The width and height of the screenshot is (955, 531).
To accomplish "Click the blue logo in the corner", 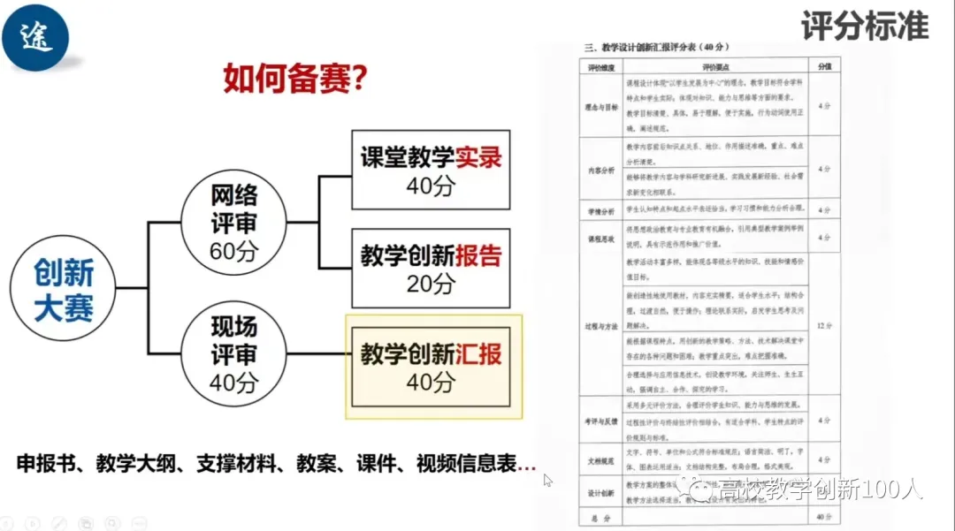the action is tap(35, 36).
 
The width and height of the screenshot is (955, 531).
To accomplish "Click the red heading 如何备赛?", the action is tap(294, 80).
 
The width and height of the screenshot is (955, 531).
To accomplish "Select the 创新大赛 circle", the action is tap(64, 289).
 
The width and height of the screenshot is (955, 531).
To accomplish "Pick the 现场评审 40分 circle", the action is tap(233, 354).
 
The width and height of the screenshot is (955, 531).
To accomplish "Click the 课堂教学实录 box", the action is tap(431, 170).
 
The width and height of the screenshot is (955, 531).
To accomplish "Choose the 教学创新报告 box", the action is tap(431, 268).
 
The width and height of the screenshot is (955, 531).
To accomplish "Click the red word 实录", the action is tap(478, 157).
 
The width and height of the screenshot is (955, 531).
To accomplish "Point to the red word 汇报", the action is tap(478, 354).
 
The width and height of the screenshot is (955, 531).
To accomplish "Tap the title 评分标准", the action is tap(865, 27).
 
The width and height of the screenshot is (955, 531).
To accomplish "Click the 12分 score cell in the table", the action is tap(824, 326).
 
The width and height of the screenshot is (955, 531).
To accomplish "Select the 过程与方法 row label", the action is tap(600, 326).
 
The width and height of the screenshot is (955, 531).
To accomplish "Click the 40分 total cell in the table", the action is tap(824, 515).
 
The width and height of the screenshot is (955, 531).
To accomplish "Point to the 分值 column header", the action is tap(824, 66).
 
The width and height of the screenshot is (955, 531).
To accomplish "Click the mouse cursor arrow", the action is tap(547, 480).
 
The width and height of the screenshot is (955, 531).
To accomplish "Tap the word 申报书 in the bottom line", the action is tap(45, 463).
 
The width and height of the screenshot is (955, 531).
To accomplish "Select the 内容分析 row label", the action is tap(600, 167).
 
